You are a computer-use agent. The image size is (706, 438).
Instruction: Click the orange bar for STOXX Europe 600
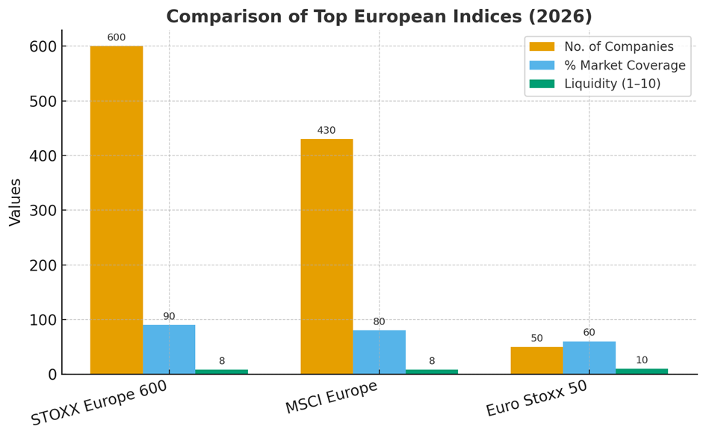[x=117, y=210]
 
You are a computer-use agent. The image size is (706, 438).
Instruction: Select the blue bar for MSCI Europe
[x=379, y=352]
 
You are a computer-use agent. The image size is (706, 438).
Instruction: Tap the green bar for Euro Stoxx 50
[x=641, y=371]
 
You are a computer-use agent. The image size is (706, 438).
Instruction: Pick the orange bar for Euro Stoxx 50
[x=536, y=360]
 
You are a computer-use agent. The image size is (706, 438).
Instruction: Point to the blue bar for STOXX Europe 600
[x=169, y=349]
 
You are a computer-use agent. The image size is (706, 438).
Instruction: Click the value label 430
[x=326, y=131]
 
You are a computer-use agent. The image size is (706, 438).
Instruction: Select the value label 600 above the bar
[x=117, y=38]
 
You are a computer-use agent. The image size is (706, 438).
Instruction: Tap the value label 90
[x=169, y=317]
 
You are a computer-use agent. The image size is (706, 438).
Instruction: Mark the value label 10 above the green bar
[x=641, y=360]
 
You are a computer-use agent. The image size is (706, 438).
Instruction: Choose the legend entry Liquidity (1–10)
[x=612, y=84]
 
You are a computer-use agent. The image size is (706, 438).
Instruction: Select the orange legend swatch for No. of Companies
[x=542, y=47]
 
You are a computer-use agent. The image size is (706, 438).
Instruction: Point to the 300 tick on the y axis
[x=43, y=211]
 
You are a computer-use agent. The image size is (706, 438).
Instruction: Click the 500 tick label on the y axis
[x=43, y=102]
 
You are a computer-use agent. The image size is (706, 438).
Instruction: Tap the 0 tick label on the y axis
[x=52, y=374]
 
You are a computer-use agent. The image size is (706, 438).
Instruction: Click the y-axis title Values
[x=16, y=202]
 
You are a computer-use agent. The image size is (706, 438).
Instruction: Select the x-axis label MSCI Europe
[x=331, y=398]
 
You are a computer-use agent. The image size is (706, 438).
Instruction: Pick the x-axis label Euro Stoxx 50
[x=536, y=399]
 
